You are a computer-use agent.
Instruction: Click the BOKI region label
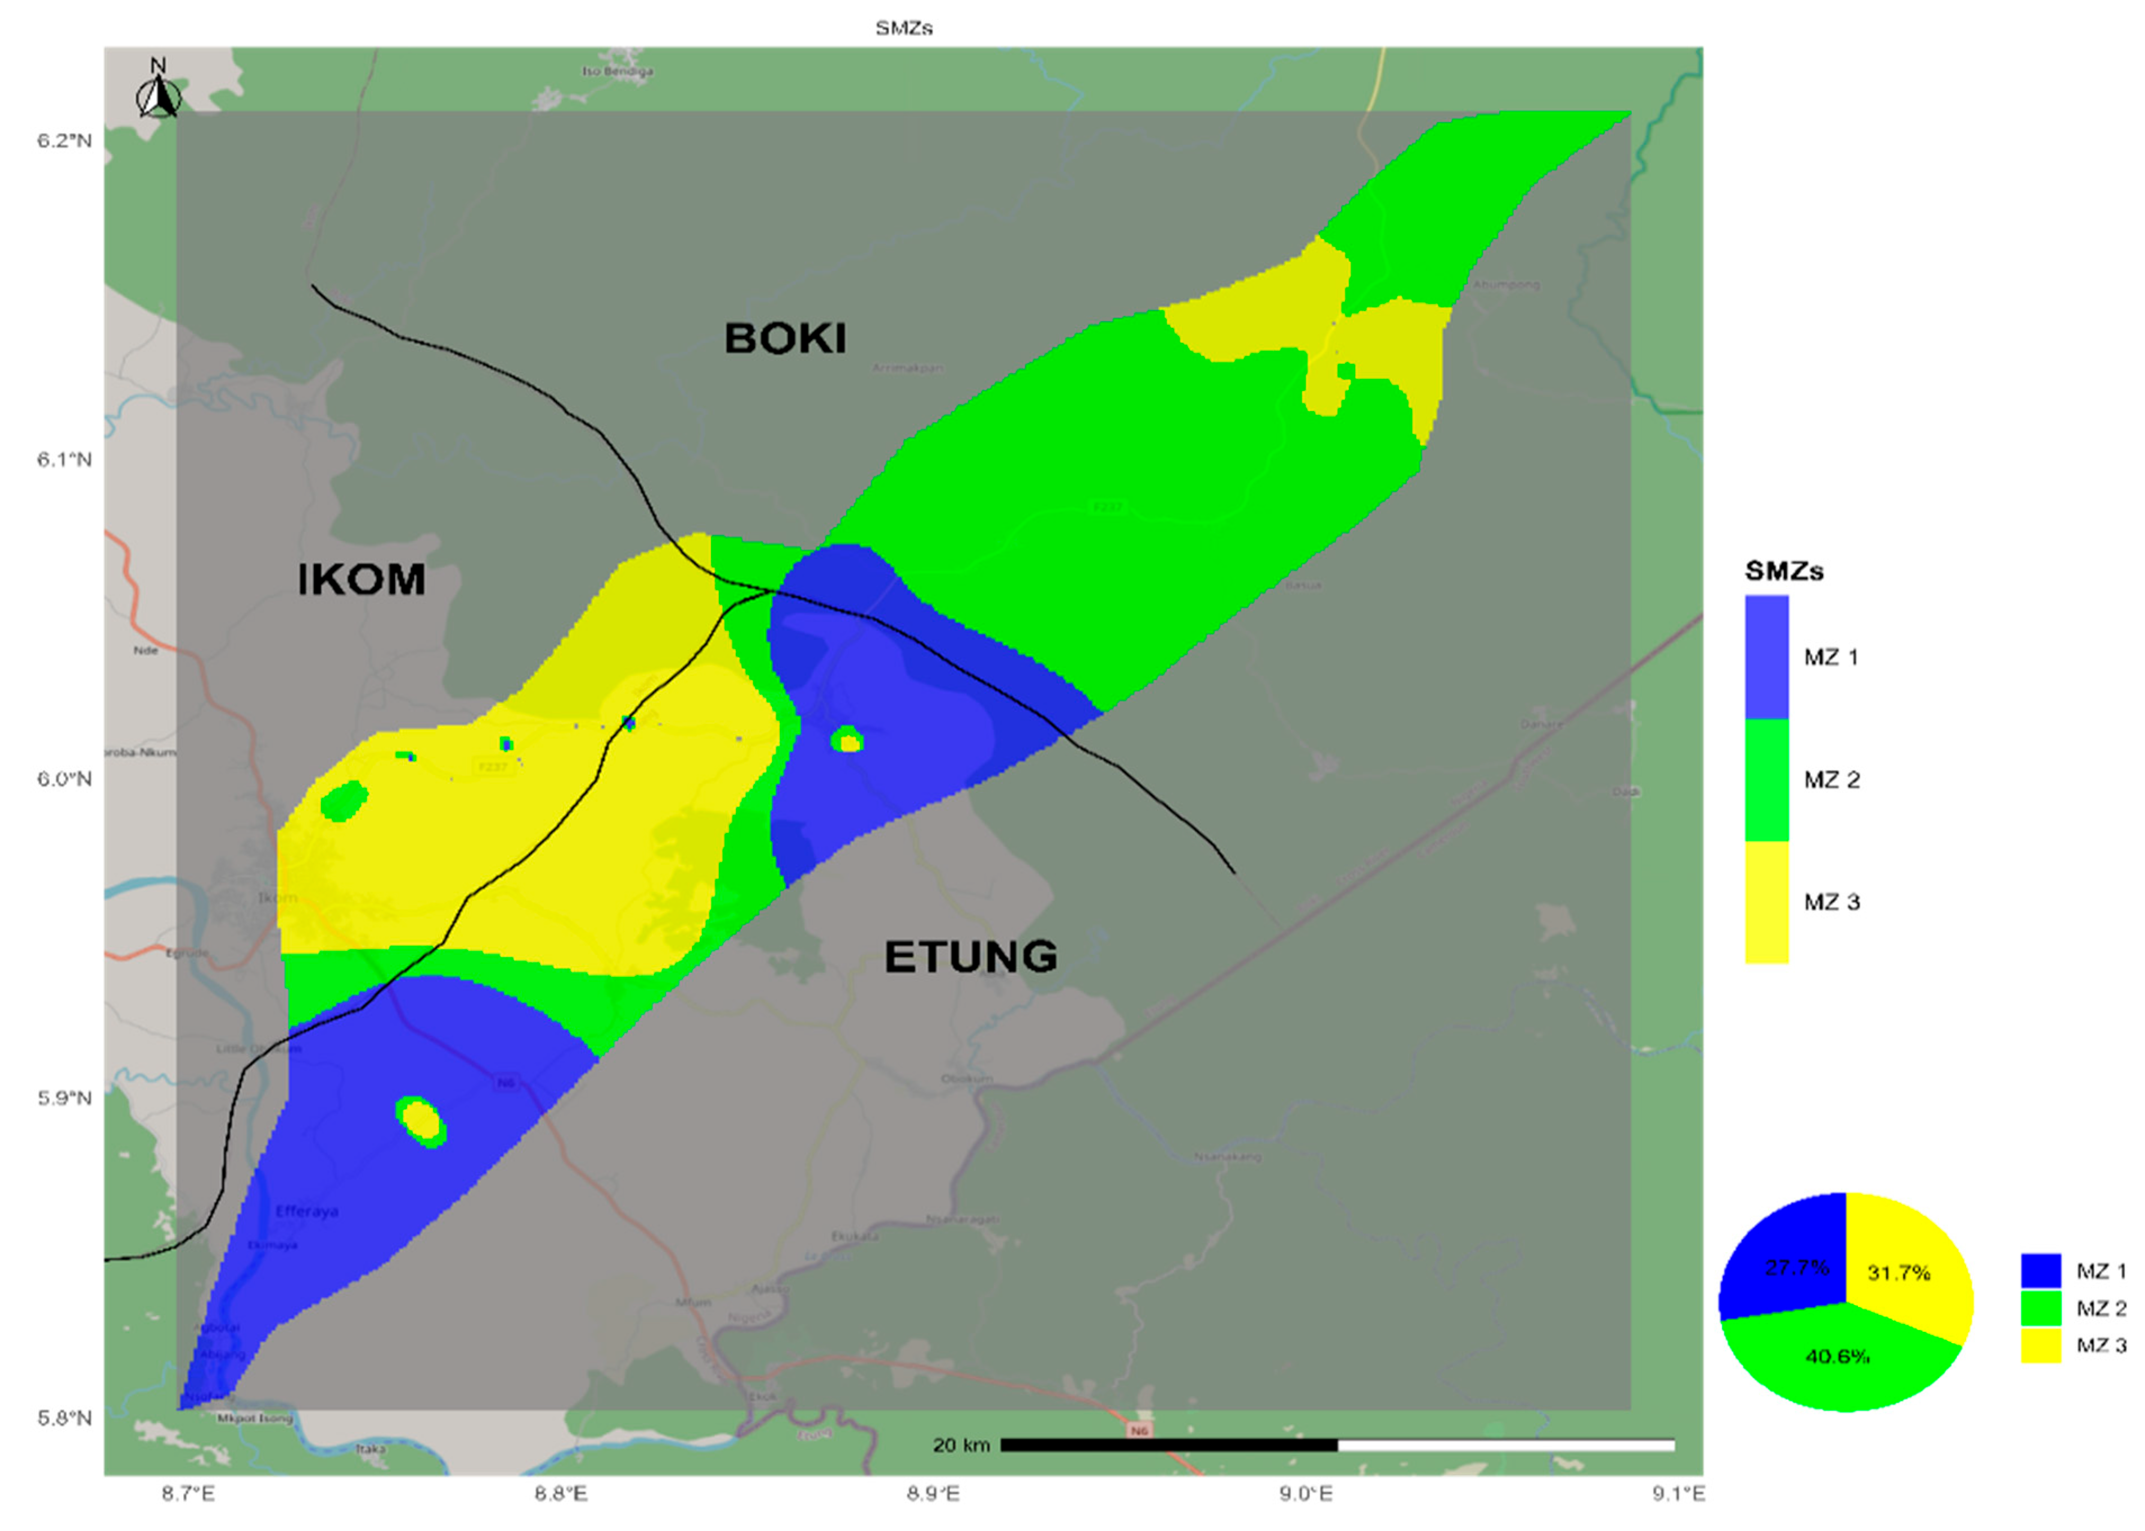[784, 339]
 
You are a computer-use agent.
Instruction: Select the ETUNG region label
[970, 957]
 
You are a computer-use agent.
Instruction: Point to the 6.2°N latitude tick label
[64, 141]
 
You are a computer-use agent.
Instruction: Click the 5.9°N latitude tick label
[64, 1098]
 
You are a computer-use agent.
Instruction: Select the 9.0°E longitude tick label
[1306, 1493]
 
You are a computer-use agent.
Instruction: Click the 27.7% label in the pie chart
[1796, 1267]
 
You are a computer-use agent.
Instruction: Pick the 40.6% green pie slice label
[1837, 1357]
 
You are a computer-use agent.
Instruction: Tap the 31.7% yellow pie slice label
[1898, 1273]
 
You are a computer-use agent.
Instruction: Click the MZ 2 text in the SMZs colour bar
[1831, 780]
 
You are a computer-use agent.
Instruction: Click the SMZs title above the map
[903, 28]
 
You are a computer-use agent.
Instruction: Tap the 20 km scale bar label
[961, 1445]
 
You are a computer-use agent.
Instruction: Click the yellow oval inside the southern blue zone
[421, 1121]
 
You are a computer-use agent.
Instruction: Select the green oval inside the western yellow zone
[344, 801]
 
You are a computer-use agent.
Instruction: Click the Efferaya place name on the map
[307, 1212]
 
